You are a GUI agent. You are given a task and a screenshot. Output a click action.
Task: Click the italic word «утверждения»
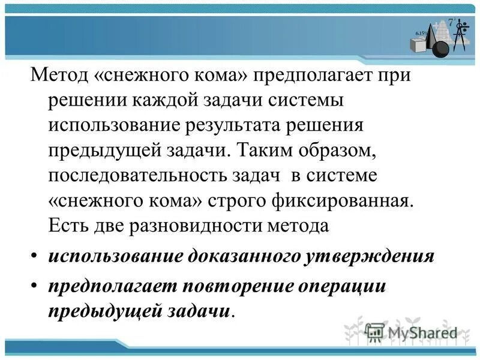click(x=368, y=257)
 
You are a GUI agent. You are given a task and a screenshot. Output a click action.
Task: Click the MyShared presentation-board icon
click(x=376, y=332)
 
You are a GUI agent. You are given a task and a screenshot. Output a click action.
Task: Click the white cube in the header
click(x=417, y=45)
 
